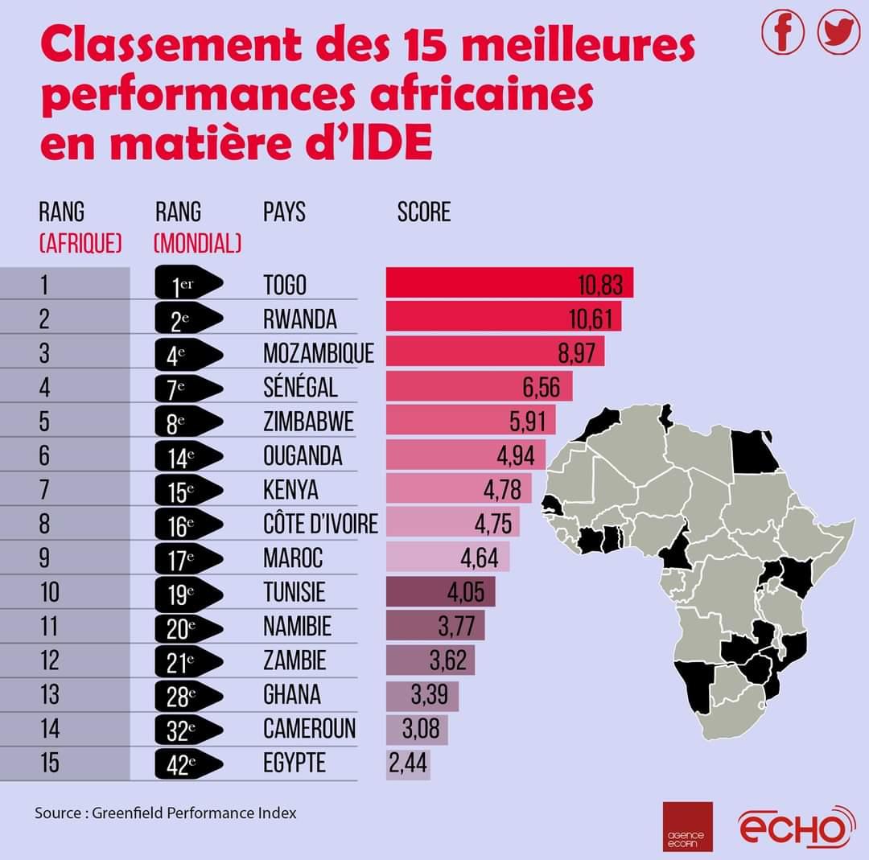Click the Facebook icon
click(783, 33)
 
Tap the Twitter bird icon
click(838, 33)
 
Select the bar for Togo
click(509, 283)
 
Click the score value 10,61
click(595, 319)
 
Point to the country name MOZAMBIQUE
click(319, 353)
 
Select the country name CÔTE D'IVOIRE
click(320, 525)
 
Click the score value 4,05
click(466, 593)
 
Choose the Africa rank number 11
click(50, 627)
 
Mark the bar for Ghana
click(422, 695)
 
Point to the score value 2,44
click(409, 763)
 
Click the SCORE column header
click(424, 212)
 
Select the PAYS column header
click(284, 212)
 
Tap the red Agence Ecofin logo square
click(687, 826)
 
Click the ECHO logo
click(797, 826)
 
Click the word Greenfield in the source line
click(129, 813)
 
